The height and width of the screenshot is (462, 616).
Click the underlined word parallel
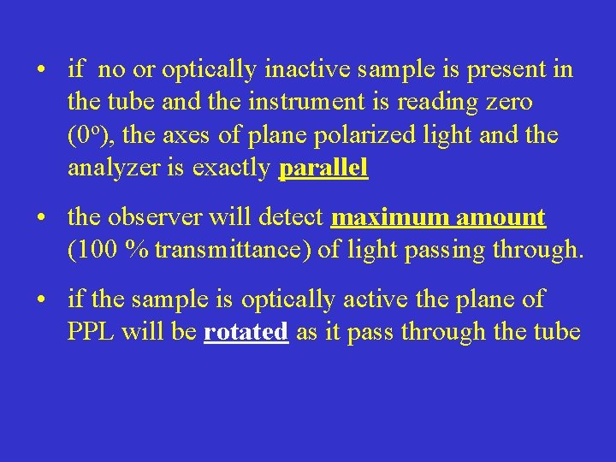tap(323, 169)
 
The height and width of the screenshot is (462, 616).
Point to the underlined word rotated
tap(246, 332)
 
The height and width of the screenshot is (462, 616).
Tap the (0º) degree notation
tap(86, 135)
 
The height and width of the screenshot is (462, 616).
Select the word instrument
tap(299, 102)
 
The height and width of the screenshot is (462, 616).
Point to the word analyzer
tap(109, 169)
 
